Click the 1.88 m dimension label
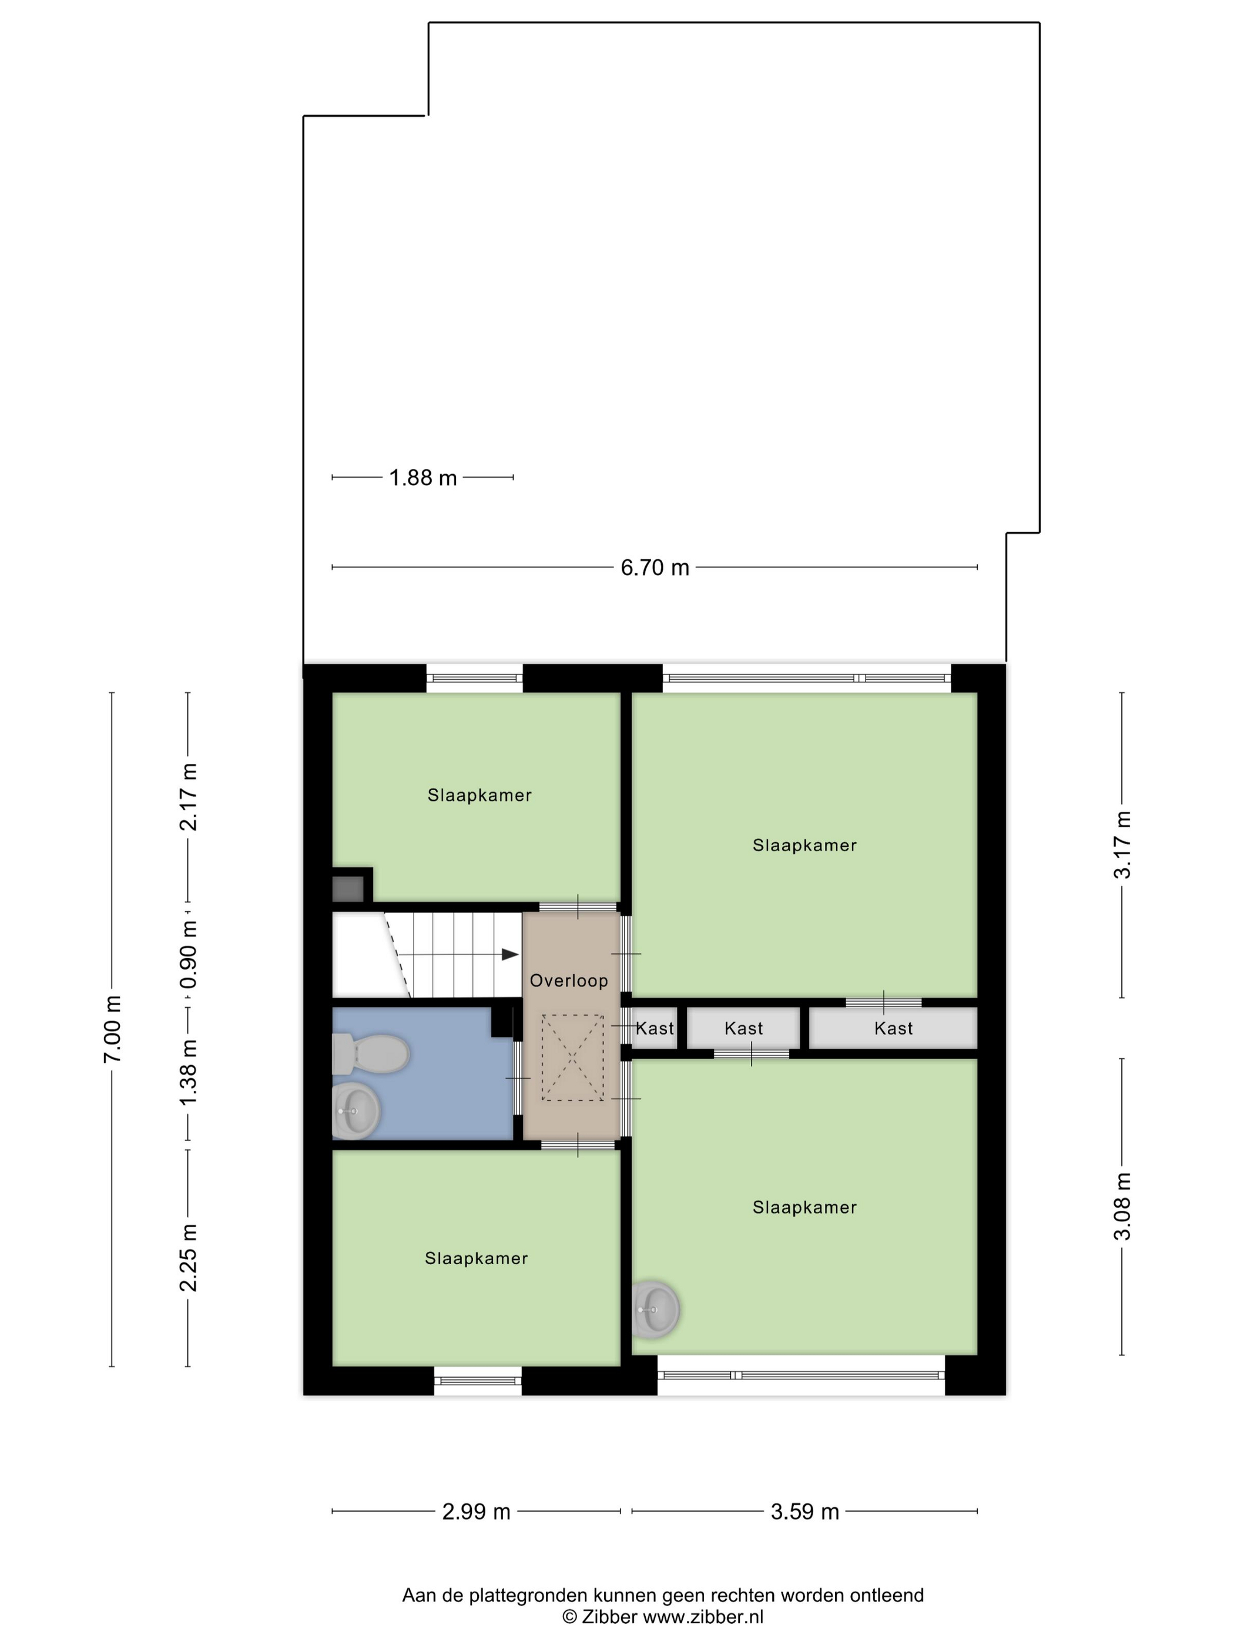pos(422,478)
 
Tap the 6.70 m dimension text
pos(655,568)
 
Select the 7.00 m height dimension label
pos(112,1029)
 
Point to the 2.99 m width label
pos(476,1510)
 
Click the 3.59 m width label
pos(805,1510)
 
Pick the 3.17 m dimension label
pos(1122,845)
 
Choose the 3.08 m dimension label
pos(1122,1206)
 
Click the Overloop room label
pos(569,981)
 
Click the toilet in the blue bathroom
pos(370,1054)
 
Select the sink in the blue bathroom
pos(356,1111)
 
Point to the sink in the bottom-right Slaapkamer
pos(655,1309)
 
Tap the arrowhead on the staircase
pos(509,954)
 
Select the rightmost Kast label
pos(893,1029)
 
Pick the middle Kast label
pos(744,1029)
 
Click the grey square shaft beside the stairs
pos(347,889)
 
